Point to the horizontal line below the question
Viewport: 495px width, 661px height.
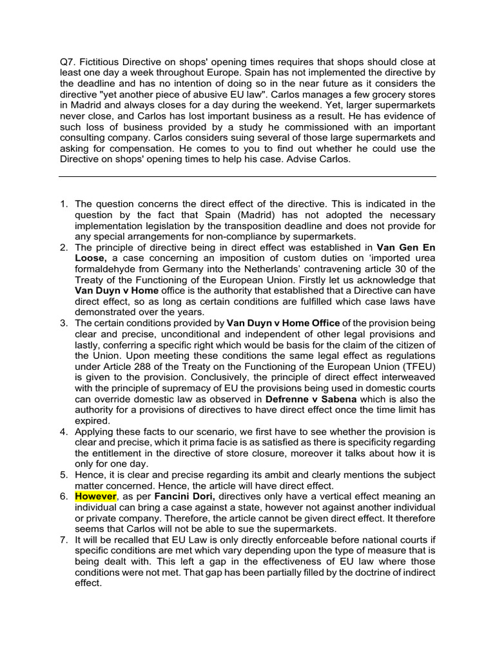point(247,176)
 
